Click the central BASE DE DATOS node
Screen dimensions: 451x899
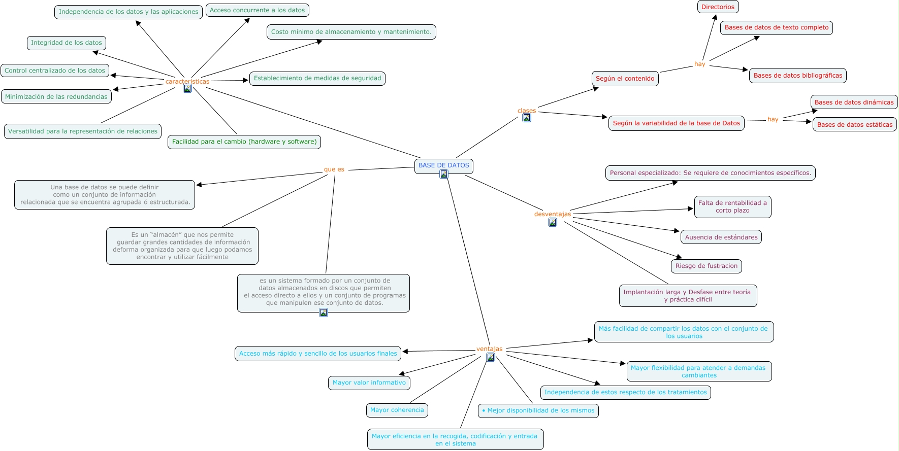[x=443, y=165]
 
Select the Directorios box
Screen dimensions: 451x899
[x=718, y=7]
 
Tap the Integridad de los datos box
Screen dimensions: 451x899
[x=67, y=43]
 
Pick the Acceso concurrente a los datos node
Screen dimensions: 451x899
[x=257, y=10]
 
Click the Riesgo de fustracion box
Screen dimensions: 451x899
[x=706, y=266]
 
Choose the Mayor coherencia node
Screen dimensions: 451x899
[x=397, y=410]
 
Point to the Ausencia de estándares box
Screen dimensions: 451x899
[x=721, y=237]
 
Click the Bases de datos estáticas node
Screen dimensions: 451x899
[x=854, y=124]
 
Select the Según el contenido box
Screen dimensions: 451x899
[x=625, y=79]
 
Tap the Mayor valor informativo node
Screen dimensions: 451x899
[x=369, y=383]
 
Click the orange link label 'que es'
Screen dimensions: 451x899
[x=334, y=169]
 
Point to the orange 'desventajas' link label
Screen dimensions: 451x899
[x=552, y=214]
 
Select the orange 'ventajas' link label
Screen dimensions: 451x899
[x=489, y=349]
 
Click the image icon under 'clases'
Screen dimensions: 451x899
[x=527, y=118]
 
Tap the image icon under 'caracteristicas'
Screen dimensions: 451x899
[x=187, y=89]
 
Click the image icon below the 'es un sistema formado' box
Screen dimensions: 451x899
[x=324, y=313]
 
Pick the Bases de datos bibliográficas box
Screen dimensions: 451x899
[x=797, y=76]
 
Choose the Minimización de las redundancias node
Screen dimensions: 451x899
[x=56, y=96]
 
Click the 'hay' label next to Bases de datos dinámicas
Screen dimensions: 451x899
[x=773, y=119]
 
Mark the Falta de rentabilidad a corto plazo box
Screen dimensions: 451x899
[x=732, y=206]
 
